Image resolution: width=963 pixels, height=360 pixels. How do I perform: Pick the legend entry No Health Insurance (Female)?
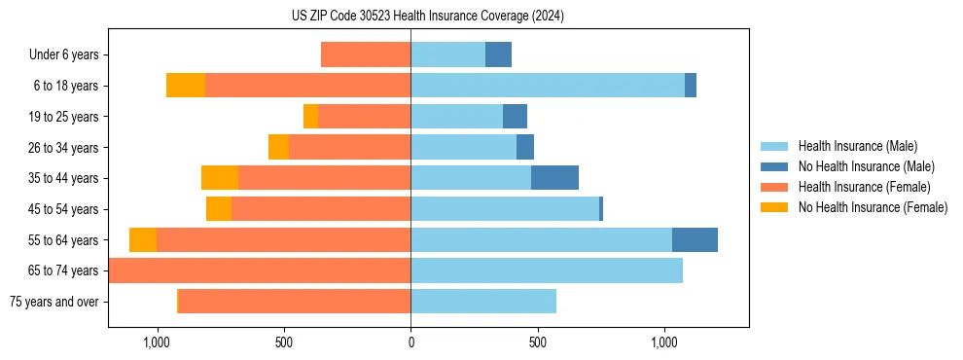coord(873,207)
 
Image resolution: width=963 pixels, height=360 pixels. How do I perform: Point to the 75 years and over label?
coord(53,302)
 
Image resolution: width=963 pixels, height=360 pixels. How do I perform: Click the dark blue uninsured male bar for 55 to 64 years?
coord(695,239)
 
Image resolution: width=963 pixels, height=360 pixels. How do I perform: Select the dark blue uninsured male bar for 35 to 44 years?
coord(554,178)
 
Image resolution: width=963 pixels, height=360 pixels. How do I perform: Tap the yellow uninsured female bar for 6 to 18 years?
coord(186,86)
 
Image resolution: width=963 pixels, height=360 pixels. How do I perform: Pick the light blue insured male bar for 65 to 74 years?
coord(547,270)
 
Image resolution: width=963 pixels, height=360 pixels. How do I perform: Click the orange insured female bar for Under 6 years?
coord(366,55)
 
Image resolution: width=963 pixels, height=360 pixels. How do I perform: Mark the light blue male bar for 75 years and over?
coord(483,302)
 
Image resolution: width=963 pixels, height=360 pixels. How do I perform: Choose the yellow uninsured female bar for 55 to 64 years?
coord(143,239)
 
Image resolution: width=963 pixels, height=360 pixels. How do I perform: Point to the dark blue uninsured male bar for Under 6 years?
coord(498,55)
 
